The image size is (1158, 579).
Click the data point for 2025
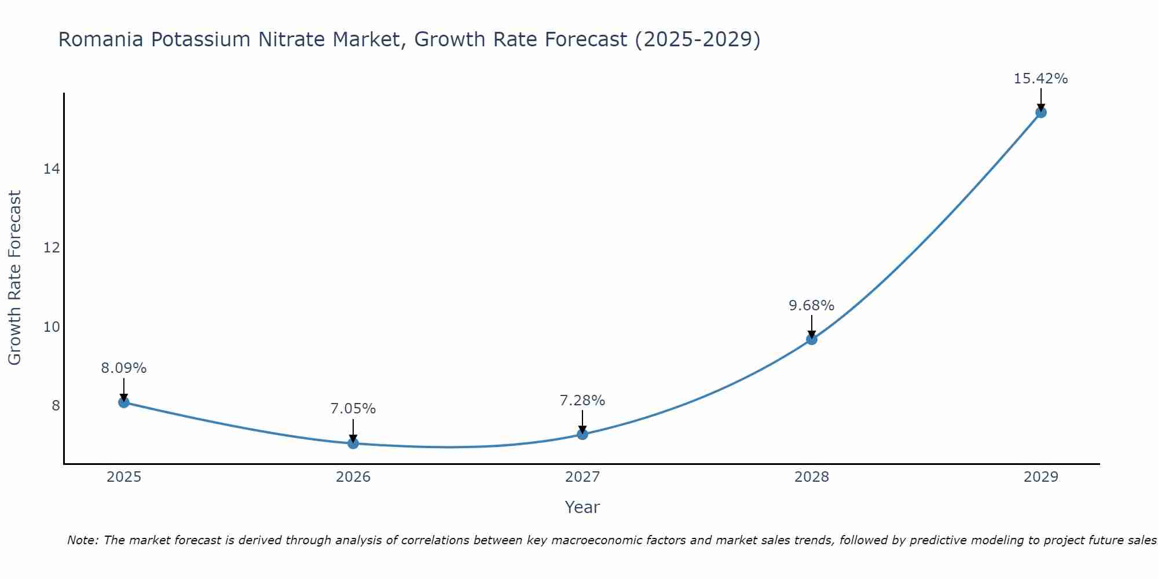(x=124, y=402)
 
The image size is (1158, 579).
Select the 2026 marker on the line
(x=353, y=444)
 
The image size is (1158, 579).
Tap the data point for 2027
(x=582, y=434)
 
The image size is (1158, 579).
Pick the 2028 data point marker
(x=812, y=339)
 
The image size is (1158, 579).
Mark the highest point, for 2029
(x=1040, y=112)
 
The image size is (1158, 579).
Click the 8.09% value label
(x=124, y=368)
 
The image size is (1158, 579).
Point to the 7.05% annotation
(x=353, y=409)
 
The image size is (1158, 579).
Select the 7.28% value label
(x=582, y=401)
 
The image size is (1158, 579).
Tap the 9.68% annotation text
(x=812, y=306)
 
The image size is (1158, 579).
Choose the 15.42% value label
(x=1040, y=79)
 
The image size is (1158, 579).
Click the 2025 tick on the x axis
(x=124, y=477)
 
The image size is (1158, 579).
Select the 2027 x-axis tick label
(x=582, y=477)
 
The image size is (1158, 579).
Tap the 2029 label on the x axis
(x=1040, y=477)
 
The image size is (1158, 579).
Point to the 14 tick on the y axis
(x=52, y=169)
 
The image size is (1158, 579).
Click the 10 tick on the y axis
(x=52, y=327)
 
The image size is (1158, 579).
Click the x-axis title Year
(x=582, y=507)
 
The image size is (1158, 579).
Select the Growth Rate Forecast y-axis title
(x=15, y=278)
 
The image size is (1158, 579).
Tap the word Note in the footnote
(x=82, y=541)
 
